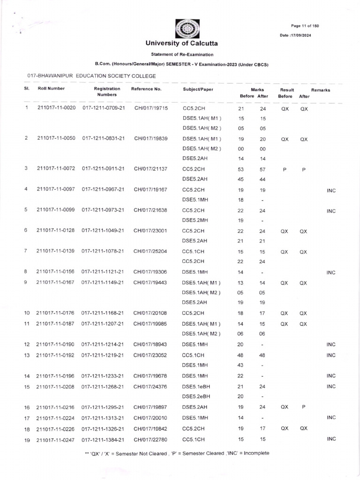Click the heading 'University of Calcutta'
(181, 44)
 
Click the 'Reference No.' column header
(146, 89)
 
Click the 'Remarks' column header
(321, 90)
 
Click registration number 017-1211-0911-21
(103, 168)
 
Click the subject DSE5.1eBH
(195, 386)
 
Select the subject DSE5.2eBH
(195, 397)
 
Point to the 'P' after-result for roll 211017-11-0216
(303, 407)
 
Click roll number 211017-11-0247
(56, 439)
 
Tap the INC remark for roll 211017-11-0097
(331, 191)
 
